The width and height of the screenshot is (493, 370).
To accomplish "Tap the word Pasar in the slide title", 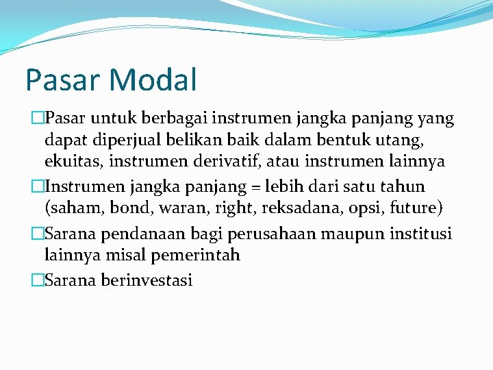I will pyautogui.click(x=58, y=79).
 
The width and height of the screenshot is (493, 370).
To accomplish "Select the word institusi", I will pyautogui.click(x=420, y=234).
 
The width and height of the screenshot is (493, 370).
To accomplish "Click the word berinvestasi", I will pyautogui.click(x=147, y=280).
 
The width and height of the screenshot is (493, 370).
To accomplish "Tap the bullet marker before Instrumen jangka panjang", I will pyautogui.click(x=38, y=187).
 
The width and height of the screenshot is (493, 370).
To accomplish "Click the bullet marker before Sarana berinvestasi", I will pyautogui.click(x=38, y=280).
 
